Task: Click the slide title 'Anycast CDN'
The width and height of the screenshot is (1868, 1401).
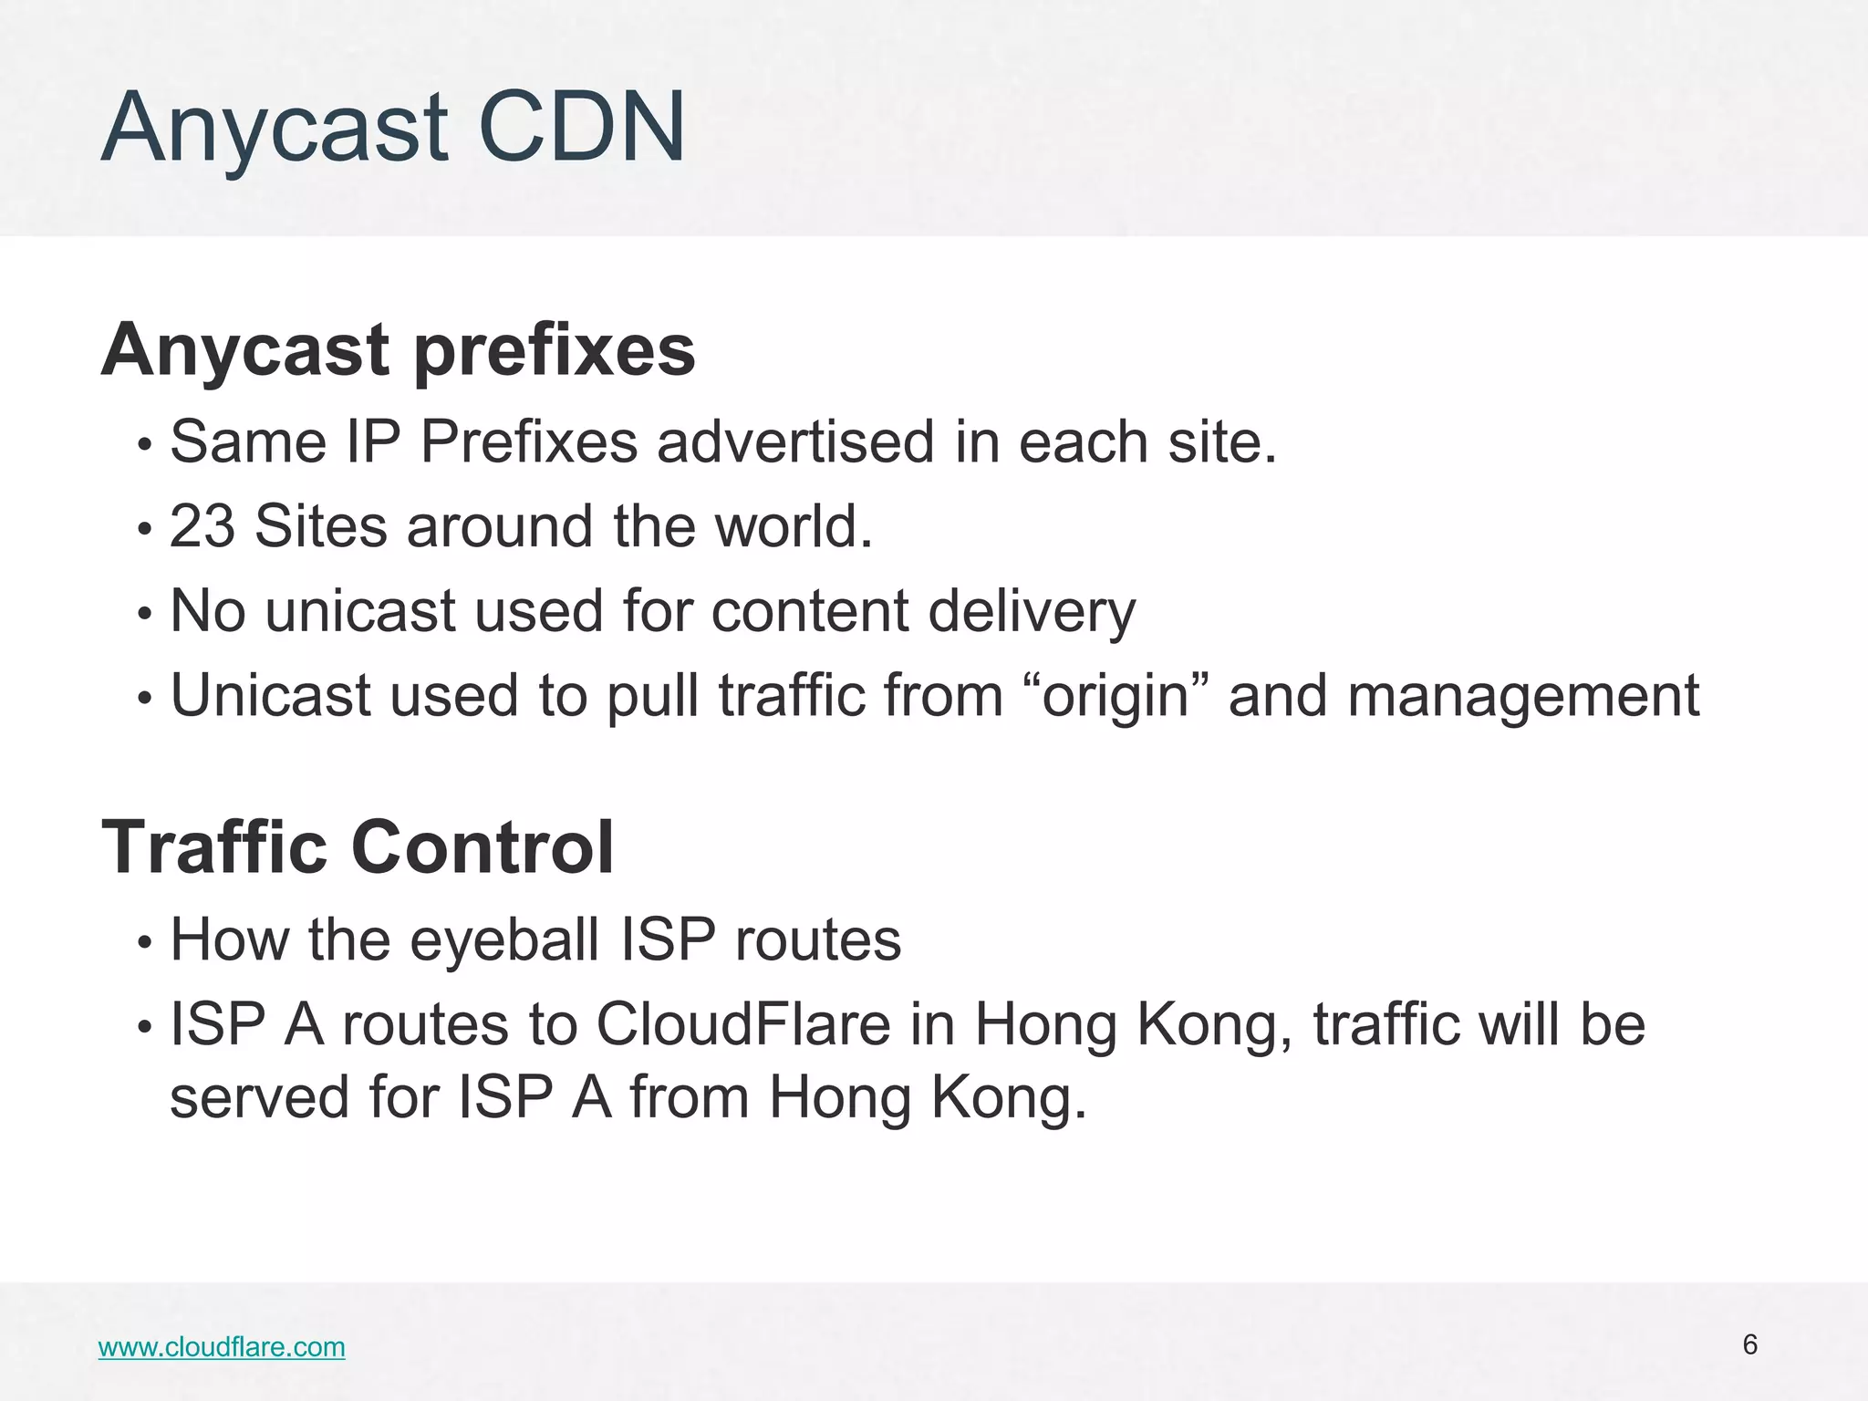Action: pyautogui.click(x=393, y=128)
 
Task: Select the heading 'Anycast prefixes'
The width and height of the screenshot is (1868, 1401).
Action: pyautogui.click(x=398, y=350)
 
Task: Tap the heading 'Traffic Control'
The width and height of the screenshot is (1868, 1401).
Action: pyautogui.click(x=358, y=847)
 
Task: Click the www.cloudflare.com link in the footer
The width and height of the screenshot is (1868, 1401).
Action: pyautogui.click(x=222, y=1347)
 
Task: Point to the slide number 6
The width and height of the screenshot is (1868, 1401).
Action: pyautogui.click(x=1749, y=1344)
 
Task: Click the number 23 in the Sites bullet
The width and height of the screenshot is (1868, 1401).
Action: pyautogui.click(x=202, y=526)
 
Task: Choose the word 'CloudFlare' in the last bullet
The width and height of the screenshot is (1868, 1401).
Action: pyautogui.click(x=743, y=1024)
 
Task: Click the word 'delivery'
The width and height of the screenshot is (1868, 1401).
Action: pyautogui.click(x=1032, y=611)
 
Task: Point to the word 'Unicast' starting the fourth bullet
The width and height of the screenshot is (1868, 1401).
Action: pyautogui.click(x=271, y=695)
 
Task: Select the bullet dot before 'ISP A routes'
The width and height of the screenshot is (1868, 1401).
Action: pyautogui.click(x=143, y=1028)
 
